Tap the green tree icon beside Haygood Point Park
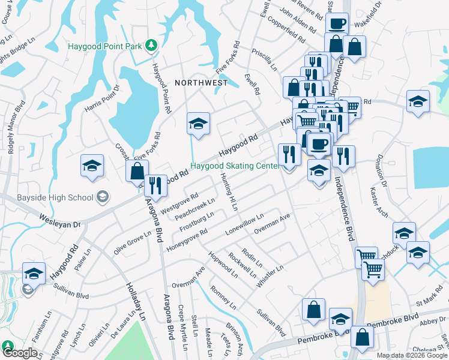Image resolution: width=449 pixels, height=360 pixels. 152,44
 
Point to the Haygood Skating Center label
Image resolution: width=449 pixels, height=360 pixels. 235,166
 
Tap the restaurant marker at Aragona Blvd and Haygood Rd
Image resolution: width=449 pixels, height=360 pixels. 155,187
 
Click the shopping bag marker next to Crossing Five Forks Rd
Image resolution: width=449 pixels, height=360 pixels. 137,170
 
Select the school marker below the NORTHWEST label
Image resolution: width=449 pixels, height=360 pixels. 198,124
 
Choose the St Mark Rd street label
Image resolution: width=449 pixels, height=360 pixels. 429,297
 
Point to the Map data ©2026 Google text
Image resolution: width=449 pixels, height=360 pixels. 412,355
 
